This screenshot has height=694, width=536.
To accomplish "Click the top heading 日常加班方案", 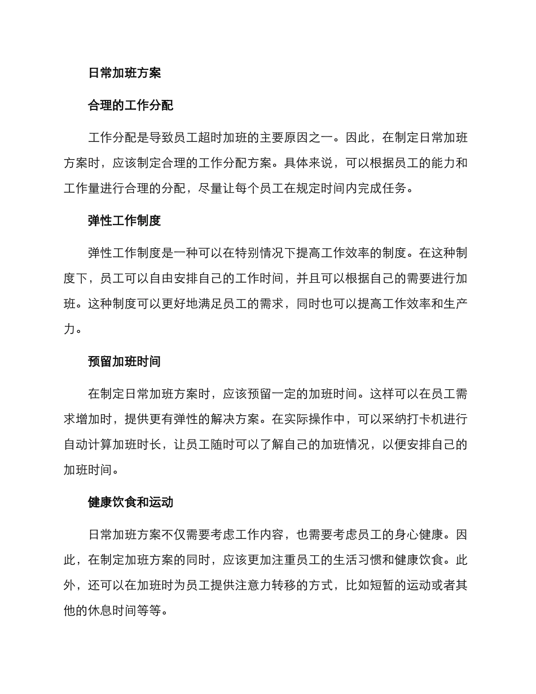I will (x=125, y=73).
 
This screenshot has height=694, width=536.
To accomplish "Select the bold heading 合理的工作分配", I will (x=131, y=105).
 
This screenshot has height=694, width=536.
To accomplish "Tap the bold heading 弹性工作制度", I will (x=125, y=221).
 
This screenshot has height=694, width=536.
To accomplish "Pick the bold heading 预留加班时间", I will (x=125, y=362).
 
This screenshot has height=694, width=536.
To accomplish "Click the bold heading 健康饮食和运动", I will (x=131, y=502).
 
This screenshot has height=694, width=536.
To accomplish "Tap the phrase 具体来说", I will (x=309, y=163).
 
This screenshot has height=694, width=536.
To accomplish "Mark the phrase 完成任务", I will (x=382, y=189).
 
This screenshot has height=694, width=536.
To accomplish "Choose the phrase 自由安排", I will (x=174, y=279).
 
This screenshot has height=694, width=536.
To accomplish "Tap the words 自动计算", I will (x=88, y=445).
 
